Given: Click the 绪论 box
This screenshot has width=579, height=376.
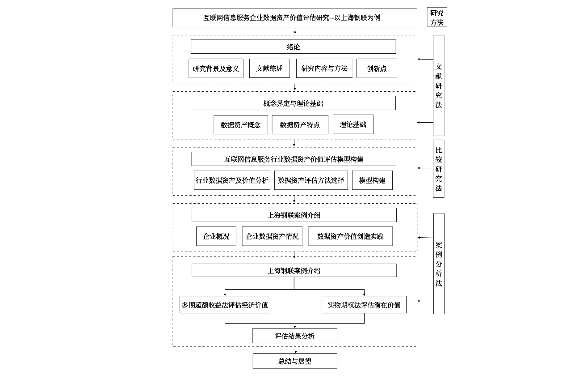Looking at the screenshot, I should (293, 47).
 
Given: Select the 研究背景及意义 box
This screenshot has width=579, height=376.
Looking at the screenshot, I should (216, 68).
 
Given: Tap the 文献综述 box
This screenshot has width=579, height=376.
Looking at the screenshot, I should (269, 68).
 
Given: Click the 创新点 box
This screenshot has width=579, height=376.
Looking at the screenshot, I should (377, 68).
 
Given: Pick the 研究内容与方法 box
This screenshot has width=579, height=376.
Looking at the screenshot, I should (324, 68).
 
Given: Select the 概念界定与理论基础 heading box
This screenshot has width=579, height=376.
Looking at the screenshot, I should (293, 103).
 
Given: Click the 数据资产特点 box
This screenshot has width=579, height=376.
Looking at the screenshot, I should (300, 125).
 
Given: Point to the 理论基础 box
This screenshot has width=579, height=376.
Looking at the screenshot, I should (352, 124).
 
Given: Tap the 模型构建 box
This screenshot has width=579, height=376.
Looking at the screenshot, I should (372, 180).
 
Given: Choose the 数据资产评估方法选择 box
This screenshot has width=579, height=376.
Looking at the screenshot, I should (311, 180).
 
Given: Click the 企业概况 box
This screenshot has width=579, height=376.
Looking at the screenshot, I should (216, 236).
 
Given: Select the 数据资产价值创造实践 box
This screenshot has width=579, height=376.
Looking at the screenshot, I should (350, 236).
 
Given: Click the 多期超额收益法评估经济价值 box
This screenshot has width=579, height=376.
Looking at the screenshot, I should (225, 305).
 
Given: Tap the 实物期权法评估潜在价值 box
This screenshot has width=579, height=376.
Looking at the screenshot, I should (364, 305).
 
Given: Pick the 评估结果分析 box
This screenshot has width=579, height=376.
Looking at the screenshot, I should (294, 336).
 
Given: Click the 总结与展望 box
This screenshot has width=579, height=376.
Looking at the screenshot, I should (294, 361).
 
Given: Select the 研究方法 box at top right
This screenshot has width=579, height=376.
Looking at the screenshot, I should (436, 17).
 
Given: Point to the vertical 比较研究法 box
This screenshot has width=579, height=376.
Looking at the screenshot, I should (438, 169).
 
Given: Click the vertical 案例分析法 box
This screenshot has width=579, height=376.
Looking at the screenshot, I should (438, 264).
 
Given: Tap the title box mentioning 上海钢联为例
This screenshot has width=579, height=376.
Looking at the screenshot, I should (294, 18).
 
